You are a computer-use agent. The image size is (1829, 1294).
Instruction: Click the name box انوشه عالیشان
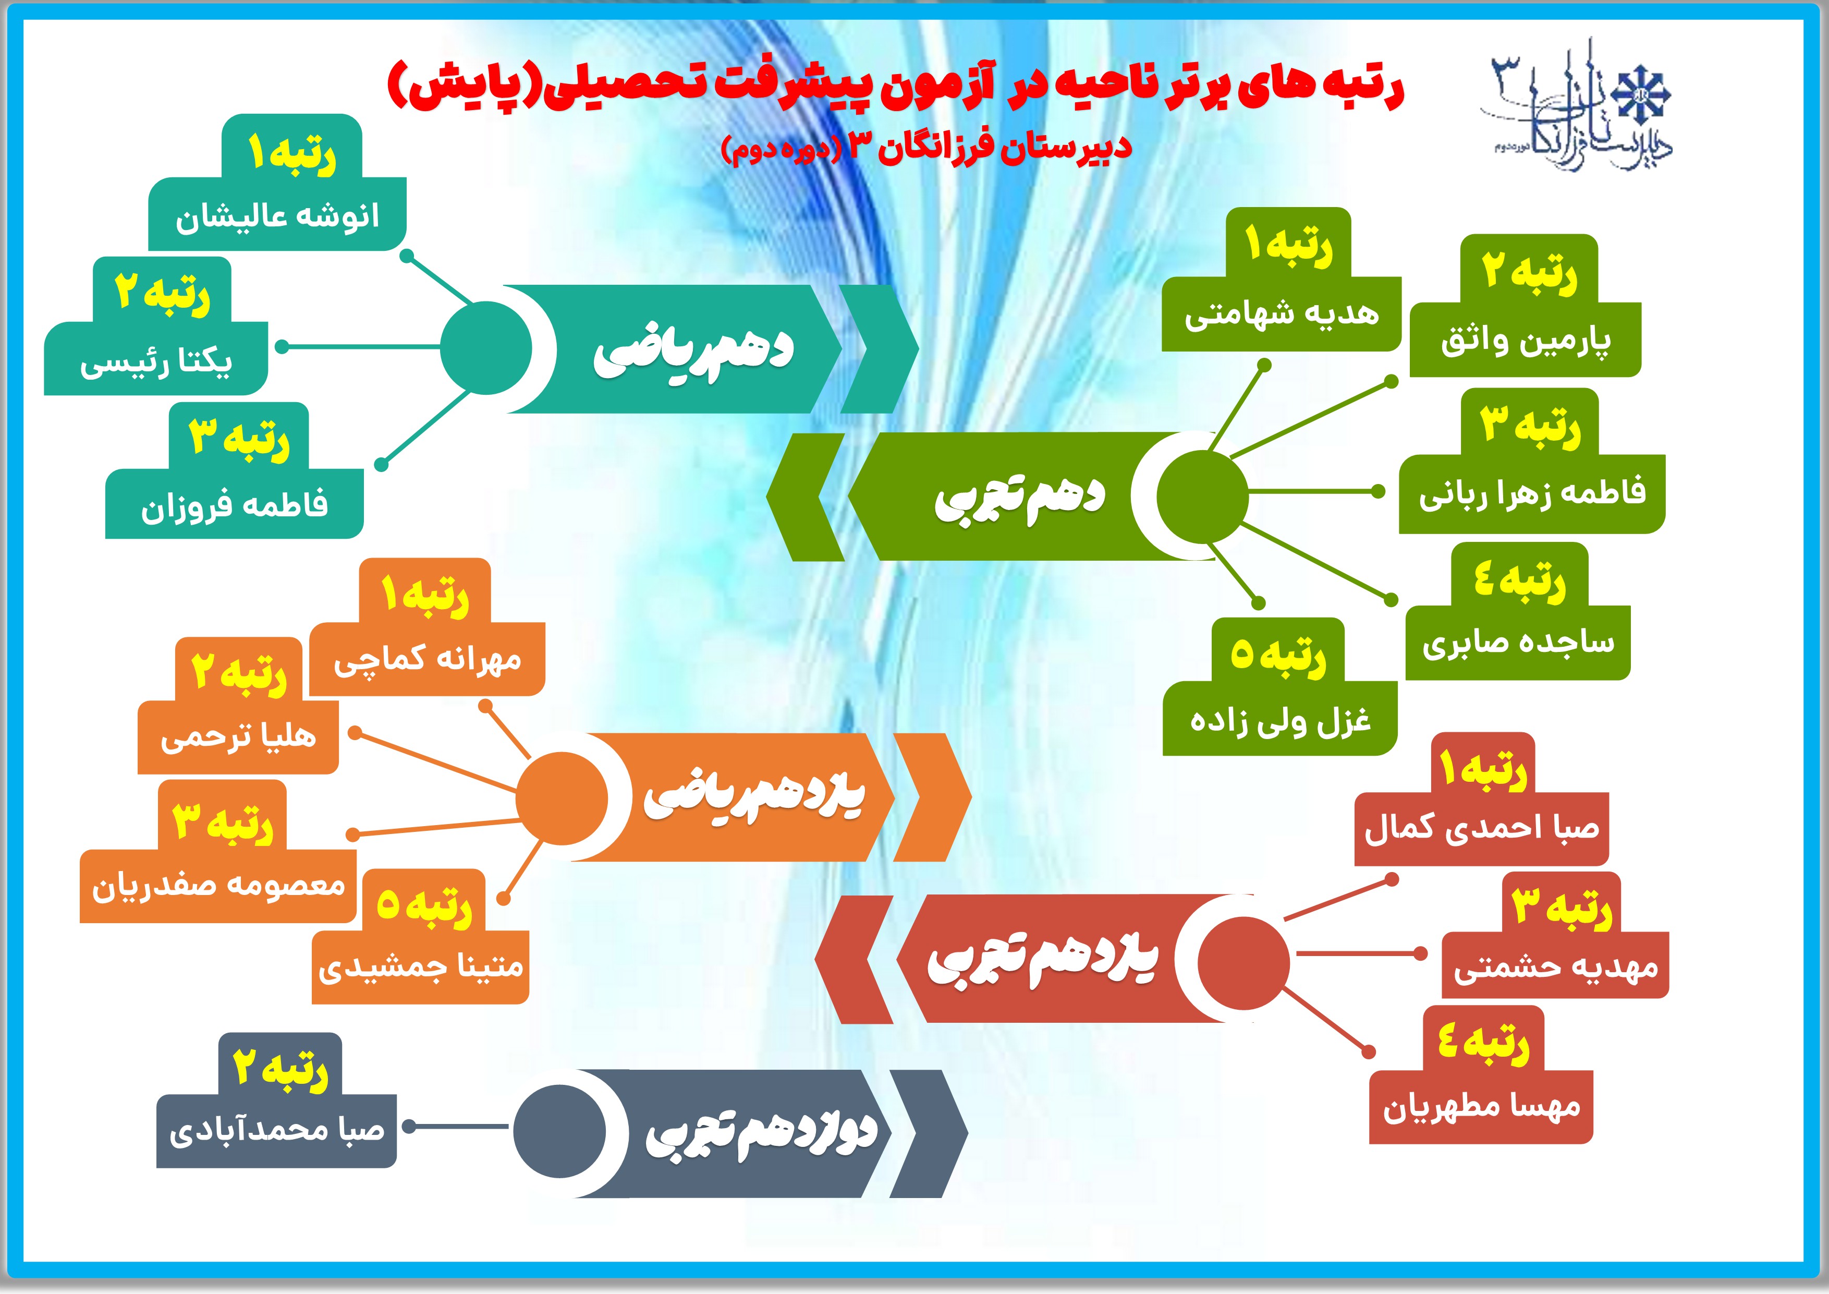277,214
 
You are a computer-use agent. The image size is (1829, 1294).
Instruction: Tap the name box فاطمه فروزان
234,504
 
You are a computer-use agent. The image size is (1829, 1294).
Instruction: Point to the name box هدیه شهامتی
1281,314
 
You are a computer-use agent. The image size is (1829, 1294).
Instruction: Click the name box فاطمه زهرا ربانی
1532,494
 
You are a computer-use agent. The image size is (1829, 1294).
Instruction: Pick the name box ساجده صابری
1518,643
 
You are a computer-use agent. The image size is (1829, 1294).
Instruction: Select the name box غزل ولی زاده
1280,718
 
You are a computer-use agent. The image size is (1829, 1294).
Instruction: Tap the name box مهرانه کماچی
427,659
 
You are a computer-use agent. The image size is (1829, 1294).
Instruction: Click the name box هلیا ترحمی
238,737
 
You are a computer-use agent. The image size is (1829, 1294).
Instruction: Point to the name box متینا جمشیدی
421,966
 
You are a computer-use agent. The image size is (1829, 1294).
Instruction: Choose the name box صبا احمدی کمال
1482,829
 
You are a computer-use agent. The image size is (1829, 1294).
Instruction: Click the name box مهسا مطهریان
1481,1108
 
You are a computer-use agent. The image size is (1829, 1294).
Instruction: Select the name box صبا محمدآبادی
276,1131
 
